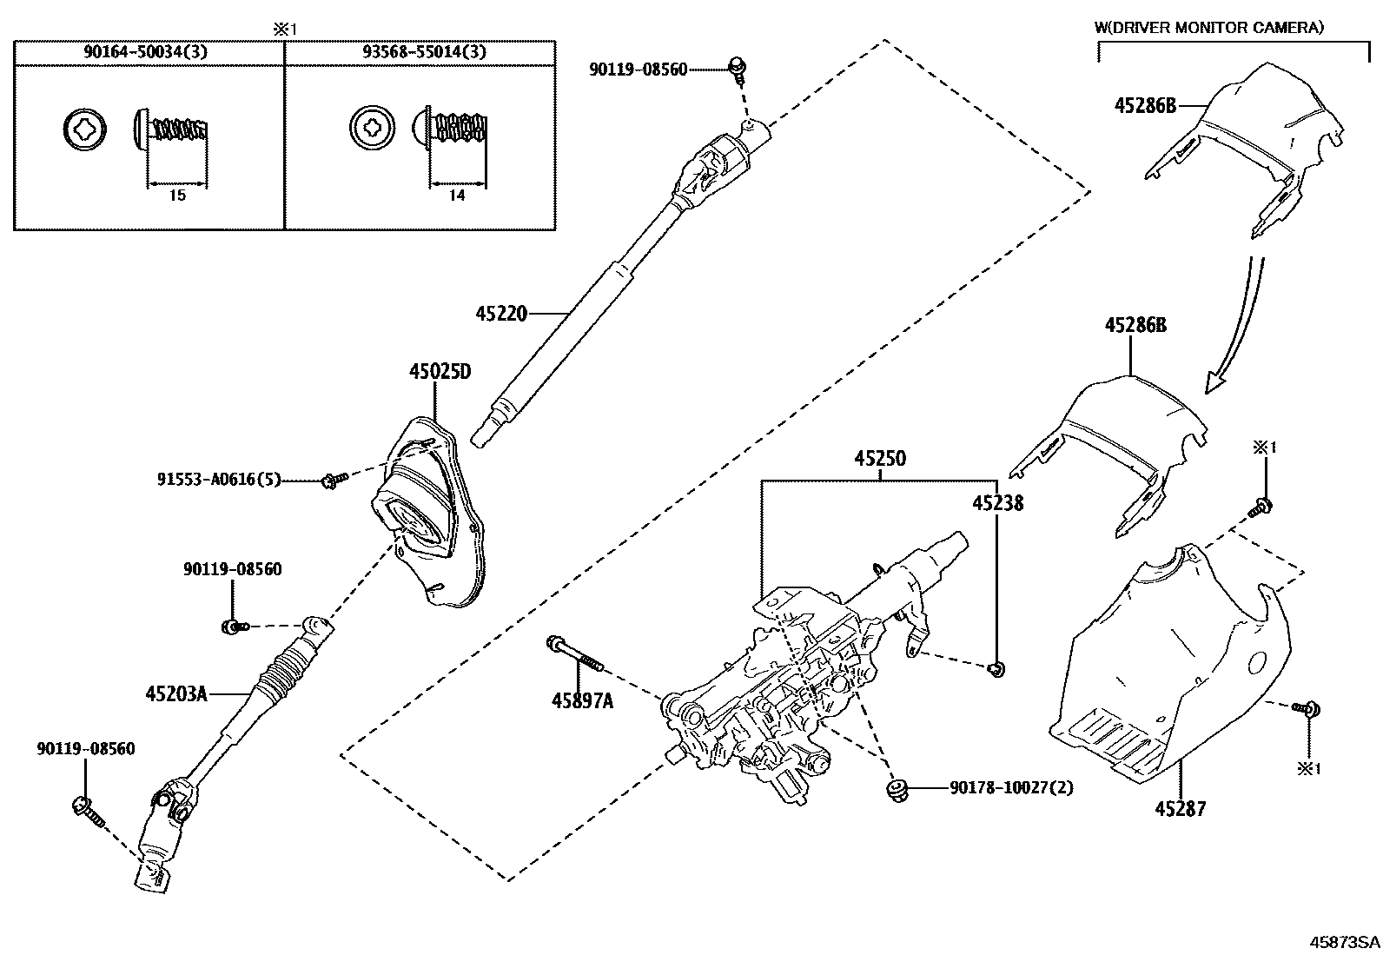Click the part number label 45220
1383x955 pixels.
501,313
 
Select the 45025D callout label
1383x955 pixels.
440,373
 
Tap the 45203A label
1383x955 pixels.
176,693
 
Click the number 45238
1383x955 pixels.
997,503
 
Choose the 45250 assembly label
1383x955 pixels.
879,458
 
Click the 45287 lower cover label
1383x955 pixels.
1180,809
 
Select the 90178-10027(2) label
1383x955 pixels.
1011,788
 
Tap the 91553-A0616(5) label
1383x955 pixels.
219,479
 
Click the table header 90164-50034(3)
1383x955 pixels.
145,52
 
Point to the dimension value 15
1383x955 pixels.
177,196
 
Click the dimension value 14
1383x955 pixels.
458,196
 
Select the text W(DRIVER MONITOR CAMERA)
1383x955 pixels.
1209,28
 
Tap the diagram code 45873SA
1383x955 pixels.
1344,942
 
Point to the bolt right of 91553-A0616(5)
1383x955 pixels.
334,478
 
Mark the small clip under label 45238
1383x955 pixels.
996,667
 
